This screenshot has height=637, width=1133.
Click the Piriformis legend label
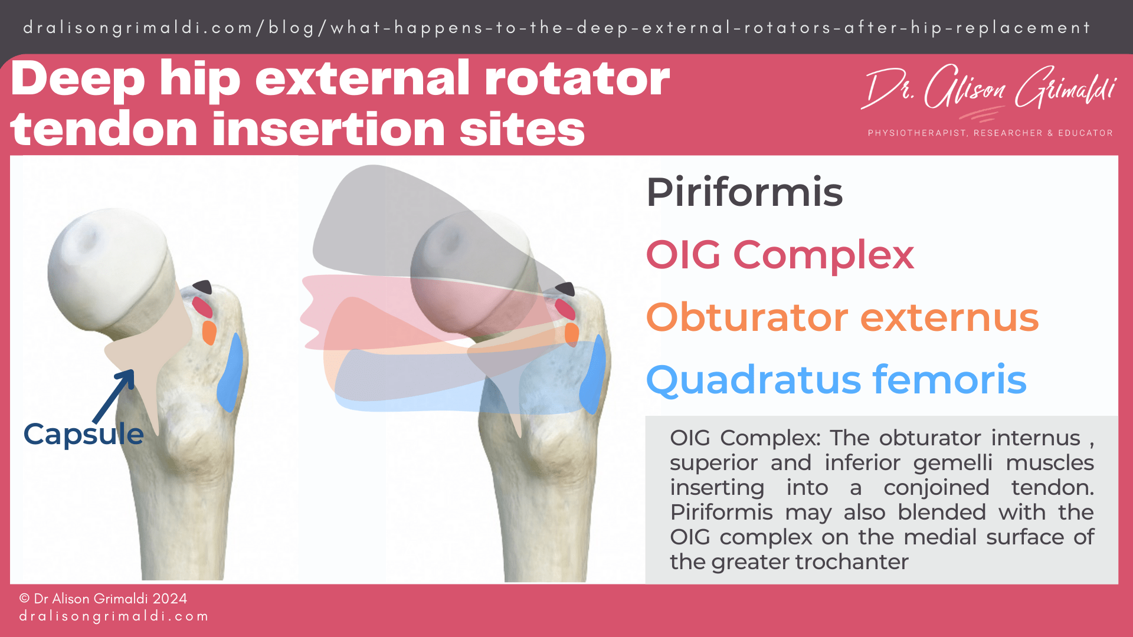744,192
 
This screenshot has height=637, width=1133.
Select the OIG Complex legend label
780,255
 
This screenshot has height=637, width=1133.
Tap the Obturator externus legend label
842,317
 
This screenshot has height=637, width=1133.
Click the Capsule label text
83,434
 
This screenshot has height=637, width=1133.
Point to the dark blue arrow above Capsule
116,395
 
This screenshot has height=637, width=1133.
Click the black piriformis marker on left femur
203,287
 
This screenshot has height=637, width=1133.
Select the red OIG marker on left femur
202,307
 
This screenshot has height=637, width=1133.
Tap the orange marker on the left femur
209,333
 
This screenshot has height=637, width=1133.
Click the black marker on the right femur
565,289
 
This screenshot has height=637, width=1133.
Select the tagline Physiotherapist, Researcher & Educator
990,133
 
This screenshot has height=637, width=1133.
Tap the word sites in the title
522,130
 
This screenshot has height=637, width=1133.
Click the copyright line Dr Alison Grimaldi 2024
103,599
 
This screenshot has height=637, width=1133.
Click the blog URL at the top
556,28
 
